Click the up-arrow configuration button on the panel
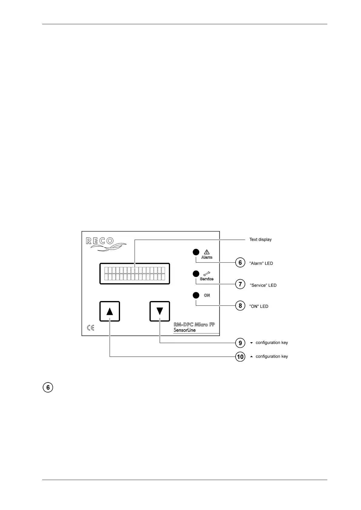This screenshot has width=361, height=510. [x=110, y=311]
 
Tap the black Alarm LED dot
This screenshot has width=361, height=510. [x=196, y=252]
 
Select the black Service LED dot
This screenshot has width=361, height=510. [x=196, y=274]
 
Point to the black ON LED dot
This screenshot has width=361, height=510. [x=196, y=295]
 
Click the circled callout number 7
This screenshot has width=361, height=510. [x=240, y=284]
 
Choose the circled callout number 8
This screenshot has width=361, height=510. [x=240, y=306]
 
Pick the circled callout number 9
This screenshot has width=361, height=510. [x=240, y=343]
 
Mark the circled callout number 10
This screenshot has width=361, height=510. [x=240, y=357]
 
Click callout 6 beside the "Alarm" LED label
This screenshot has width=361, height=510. [x=240, y=263]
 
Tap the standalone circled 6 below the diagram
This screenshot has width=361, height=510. [x=48, y=388]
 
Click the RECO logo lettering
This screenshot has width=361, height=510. [x=100, y=241]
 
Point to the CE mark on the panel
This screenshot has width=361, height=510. [x=91, y=328]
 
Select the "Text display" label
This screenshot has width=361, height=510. [x=260, y=240]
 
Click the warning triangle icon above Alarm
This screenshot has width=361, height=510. [x=207, y=252]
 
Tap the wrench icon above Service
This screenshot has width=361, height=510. [x=207, y=274]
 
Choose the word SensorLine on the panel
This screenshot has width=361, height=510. [x=185, y=330]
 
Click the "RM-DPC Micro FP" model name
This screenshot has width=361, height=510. [x=194, y=325]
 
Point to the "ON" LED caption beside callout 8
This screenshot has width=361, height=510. [x=259, y=306]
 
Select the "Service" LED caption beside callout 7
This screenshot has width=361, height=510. [x=263, y=285]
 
